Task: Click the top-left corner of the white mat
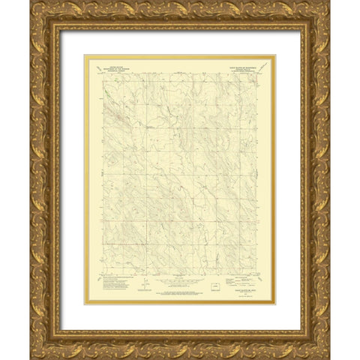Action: click(61, 31)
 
